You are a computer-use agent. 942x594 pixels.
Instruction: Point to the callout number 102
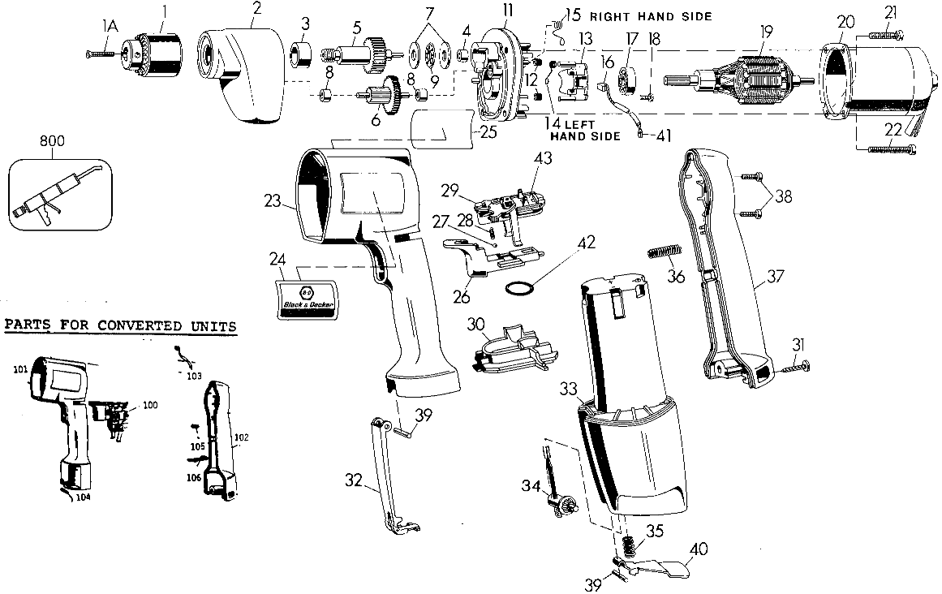coord(240,436)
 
